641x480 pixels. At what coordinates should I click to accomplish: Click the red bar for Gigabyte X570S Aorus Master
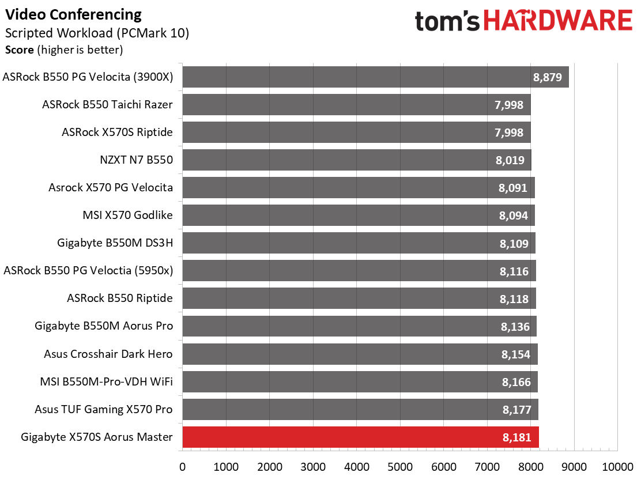pos(361,437)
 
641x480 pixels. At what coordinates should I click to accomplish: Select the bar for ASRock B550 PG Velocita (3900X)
pos(376,77)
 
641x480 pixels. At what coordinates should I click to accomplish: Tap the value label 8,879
pos(548,77)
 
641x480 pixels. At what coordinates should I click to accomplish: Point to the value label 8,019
pos(510,160)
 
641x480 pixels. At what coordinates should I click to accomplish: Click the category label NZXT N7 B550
pos(137,160)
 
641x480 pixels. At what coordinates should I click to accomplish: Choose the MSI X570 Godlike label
pos(127,215)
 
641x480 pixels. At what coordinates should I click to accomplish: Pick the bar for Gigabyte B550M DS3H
pos(359,243)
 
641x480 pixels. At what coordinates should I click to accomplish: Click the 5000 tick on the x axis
pos(400,467)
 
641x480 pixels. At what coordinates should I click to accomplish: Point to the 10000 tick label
pos(618,467)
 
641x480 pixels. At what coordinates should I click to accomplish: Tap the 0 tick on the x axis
pos(182,467)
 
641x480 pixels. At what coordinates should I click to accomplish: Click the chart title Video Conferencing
pos(73,15)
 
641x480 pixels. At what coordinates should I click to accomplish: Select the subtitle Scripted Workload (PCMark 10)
pos(97,33)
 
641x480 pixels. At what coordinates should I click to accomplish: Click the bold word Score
pos(19,50)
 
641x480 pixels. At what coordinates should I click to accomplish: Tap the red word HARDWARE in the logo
pos(558,20)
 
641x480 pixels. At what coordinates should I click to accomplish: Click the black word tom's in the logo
pos(447,21)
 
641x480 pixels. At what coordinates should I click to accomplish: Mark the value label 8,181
pos(516,437)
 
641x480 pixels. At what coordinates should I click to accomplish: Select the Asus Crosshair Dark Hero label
pos(108,354)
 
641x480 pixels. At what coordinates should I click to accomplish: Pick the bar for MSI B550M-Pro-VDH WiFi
pos(360,381)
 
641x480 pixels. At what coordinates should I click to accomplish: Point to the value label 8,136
pos(515,327)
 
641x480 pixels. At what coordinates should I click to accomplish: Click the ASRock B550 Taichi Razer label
pos(108,104)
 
